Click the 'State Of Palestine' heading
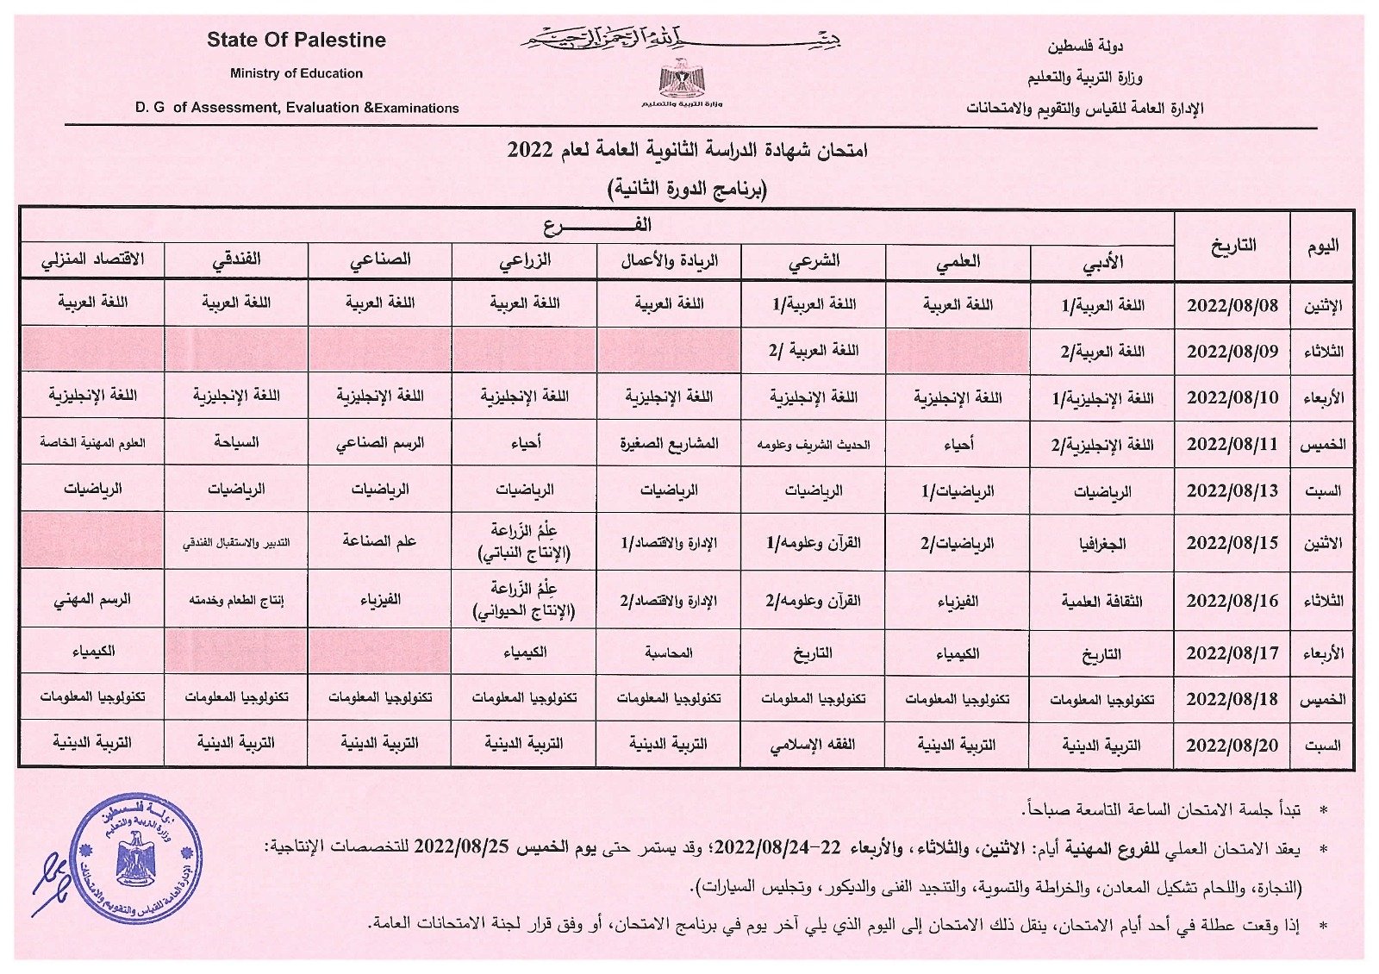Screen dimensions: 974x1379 [x=296, y=41]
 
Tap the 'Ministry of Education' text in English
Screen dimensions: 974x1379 [x=296, y=74]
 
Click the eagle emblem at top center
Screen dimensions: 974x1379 [x=682, y=78]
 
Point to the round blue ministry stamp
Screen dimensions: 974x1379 [x=138, y=861]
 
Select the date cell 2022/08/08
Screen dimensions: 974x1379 [x=1232, y=306]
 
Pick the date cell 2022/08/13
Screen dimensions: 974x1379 [x=1232, y=491]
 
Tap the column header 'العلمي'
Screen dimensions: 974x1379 [x=958, y=262]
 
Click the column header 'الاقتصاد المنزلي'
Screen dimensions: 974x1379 [x=92, y=259]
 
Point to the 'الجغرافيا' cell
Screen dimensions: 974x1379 [x=1101, y=544]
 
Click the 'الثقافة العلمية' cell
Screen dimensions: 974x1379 [x=1101, y=601]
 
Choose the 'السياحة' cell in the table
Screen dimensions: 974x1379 [x=236, y=443]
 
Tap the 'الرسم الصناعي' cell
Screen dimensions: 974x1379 [x=380, y=444]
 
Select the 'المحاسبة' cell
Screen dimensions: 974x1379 [x=669, y=653]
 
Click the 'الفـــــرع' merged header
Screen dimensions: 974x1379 [x=597, y=226]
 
